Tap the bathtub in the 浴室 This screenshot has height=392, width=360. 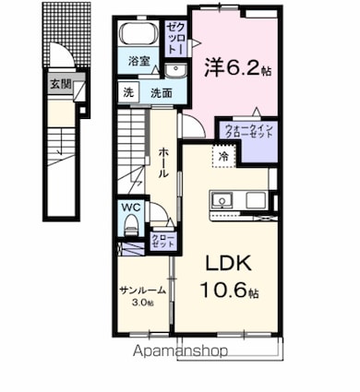[x=139, y=36]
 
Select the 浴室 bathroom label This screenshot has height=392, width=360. [x=139, y=64]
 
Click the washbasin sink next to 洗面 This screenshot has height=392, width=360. [x=174, y=72]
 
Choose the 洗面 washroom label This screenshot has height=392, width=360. [x=161, y=93]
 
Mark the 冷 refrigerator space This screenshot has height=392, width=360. [x=223, y=157]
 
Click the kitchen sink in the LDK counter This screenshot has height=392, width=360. [x=222, y=200]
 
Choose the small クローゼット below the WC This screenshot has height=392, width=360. [x=162, y=240]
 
